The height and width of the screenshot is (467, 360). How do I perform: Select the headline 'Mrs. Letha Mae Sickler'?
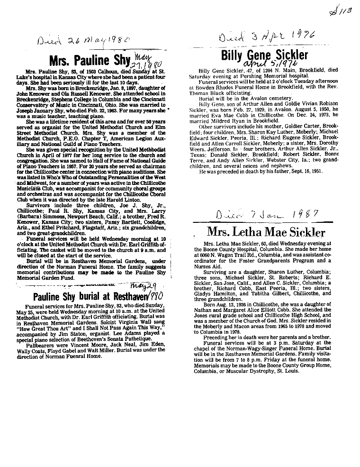pyautogui.click(x=266, y=232)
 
